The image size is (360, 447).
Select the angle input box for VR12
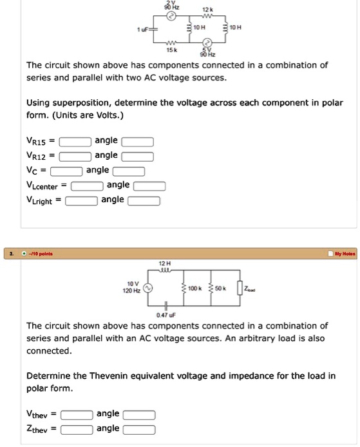click(x=138, y=156)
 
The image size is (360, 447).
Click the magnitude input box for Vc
click(x=66, y=171)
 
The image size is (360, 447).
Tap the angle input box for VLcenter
click(x=150, y=185)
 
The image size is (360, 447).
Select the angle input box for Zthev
click(x=139, y=430)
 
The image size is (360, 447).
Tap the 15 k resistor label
click(x=172, y=50)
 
